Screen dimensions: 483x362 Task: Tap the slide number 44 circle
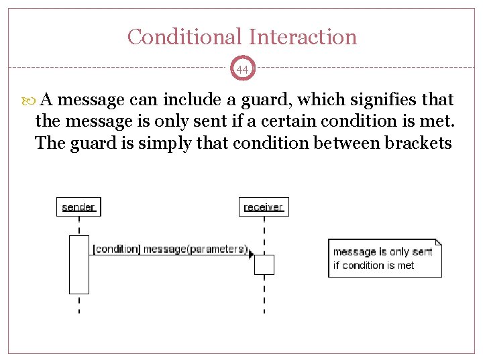point(242,69)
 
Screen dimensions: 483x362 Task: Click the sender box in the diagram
point(78,206)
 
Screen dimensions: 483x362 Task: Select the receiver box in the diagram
point(263,206)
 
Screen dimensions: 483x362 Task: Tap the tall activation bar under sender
point(79,264)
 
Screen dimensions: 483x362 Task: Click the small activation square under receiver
point(264,265)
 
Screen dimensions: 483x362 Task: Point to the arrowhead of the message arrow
point(251,255)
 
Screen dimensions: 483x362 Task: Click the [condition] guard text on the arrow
point(116,249)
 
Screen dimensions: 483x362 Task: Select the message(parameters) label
point(195,249)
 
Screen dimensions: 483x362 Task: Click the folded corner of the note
point(438,242)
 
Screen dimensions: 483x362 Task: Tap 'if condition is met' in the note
point(374,265)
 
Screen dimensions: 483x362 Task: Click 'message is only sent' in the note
point(382,252)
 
